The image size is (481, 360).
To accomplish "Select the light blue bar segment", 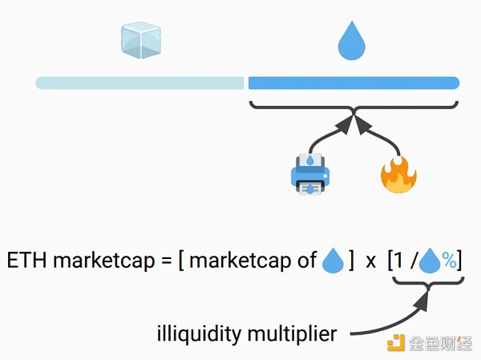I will point(139,83).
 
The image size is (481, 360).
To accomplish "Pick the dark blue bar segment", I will point(353,83).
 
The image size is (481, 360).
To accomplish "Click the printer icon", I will point(309,174).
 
